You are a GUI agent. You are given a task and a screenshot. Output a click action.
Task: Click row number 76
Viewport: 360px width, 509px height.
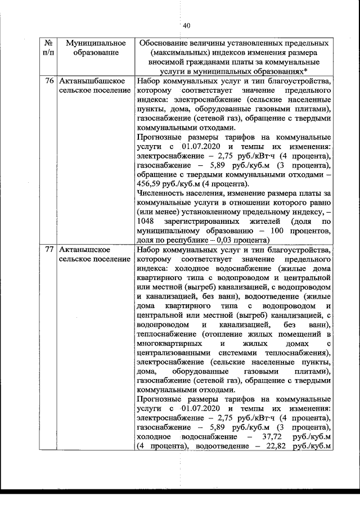pos(49,82)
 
